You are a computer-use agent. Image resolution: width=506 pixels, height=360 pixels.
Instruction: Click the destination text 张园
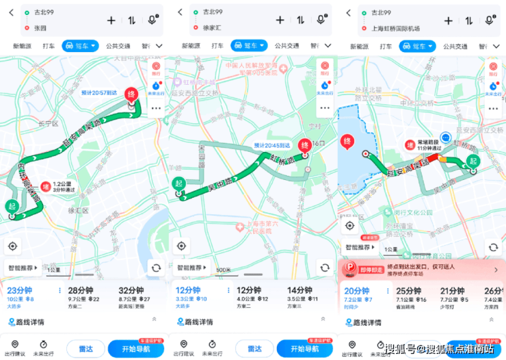point(40,28)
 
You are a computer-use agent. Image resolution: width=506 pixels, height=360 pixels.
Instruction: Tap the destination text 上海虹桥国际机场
point(395,28)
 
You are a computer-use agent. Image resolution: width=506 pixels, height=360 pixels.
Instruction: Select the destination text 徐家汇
point(212,28)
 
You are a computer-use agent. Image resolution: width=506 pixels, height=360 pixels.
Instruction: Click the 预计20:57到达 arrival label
point(99,92)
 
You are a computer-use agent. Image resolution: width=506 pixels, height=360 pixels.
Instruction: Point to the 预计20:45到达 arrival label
point(272,145)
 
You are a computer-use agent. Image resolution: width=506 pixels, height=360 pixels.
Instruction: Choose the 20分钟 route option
point(357,295)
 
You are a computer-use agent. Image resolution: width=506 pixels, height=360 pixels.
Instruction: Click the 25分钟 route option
point(409,295)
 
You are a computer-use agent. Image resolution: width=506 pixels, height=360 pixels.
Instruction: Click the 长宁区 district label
point(49,124)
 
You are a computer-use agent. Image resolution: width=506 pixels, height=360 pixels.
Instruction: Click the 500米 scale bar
point(223,270)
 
